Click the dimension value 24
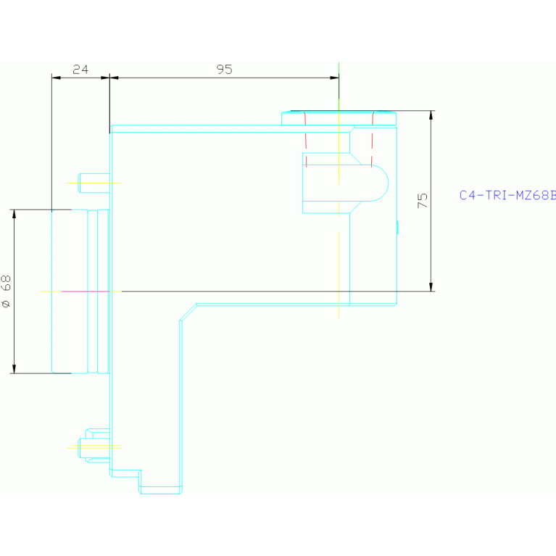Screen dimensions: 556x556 [x=80, y=70]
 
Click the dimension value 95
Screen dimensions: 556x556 [x=224, y=70]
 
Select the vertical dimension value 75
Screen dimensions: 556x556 [x=423, y=201]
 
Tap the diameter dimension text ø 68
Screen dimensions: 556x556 [x=7, y=292]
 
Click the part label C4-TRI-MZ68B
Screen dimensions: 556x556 [x=507, y=195]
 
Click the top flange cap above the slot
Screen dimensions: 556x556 [x=339, y=117]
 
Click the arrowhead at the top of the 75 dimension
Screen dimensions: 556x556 [x=431, y=116]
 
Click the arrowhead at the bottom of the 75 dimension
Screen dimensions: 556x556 [x=431, y=286]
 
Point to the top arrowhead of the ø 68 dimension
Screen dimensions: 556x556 [x=14, y=215]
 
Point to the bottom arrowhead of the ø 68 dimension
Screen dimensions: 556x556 [x=14, y=368]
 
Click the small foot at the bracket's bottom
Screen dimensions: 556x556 [x=159, y=489]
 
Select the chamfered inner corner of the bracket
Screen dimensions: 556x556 [x=188, y=311]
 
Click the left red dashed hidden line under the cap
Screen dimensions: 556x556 [x=305, y=138]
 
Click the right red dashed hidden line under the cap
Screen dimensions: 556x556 [x=373, y=138]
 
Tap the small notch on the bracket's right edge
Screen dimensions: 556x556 [x=397, y=228]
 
